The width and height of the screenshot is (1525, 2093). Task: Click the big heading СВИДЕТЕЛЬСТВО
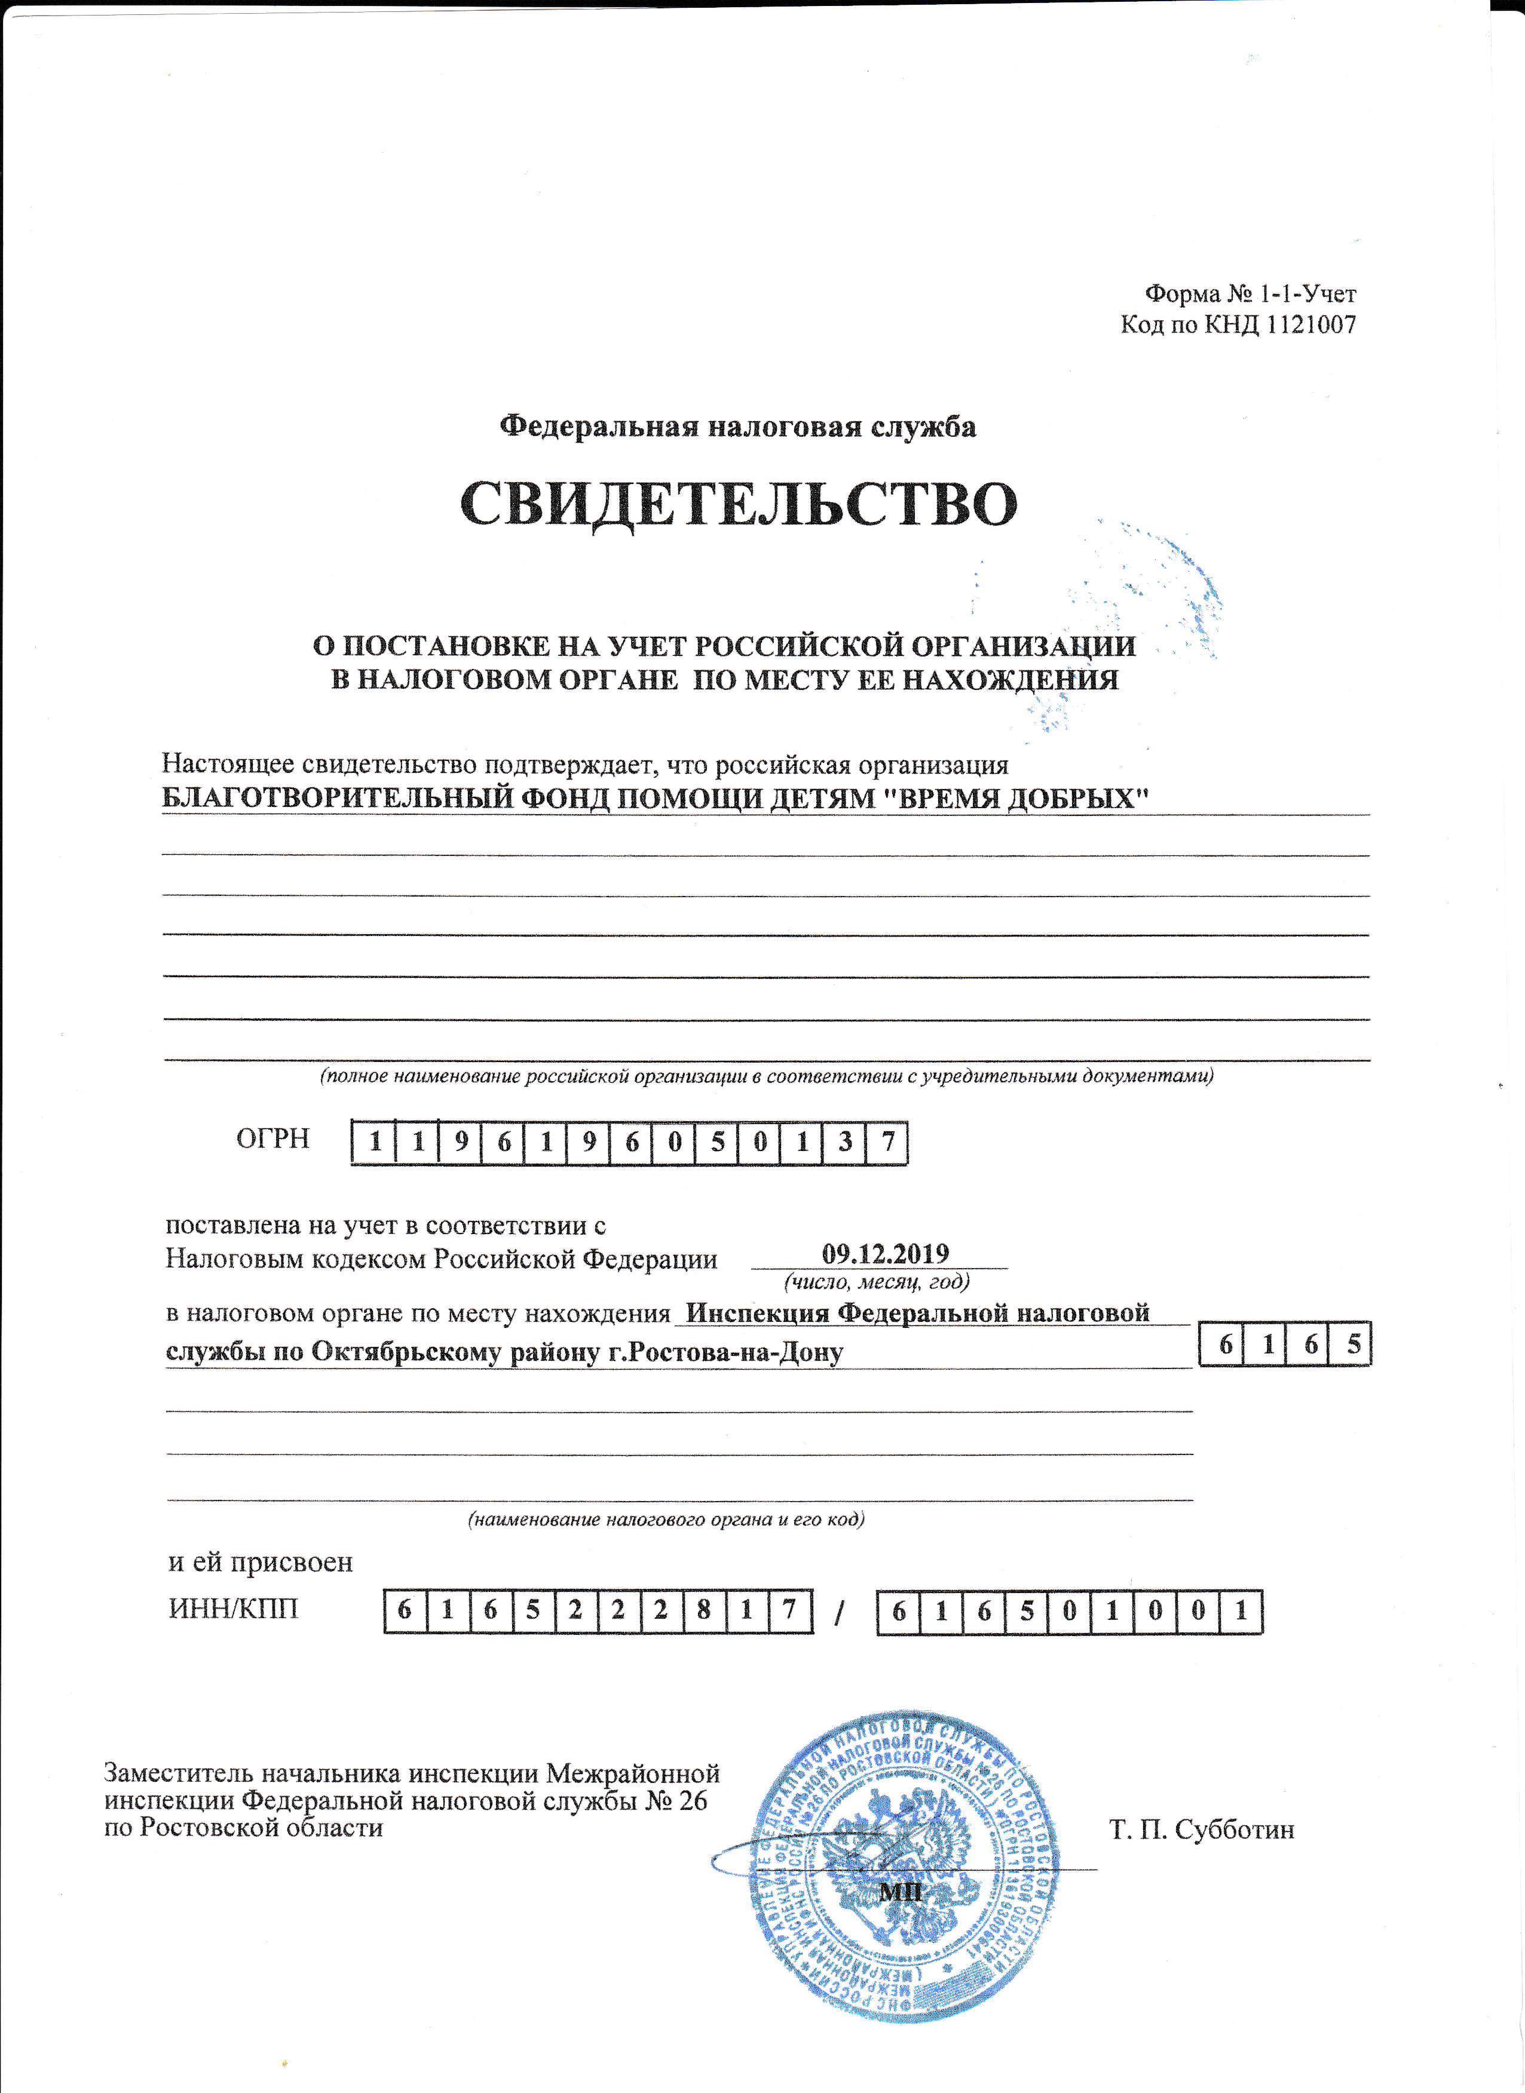(x=739, y=505)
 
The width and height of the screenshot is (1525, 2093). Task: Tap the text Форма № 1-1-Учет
(x=1250, y=294)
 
